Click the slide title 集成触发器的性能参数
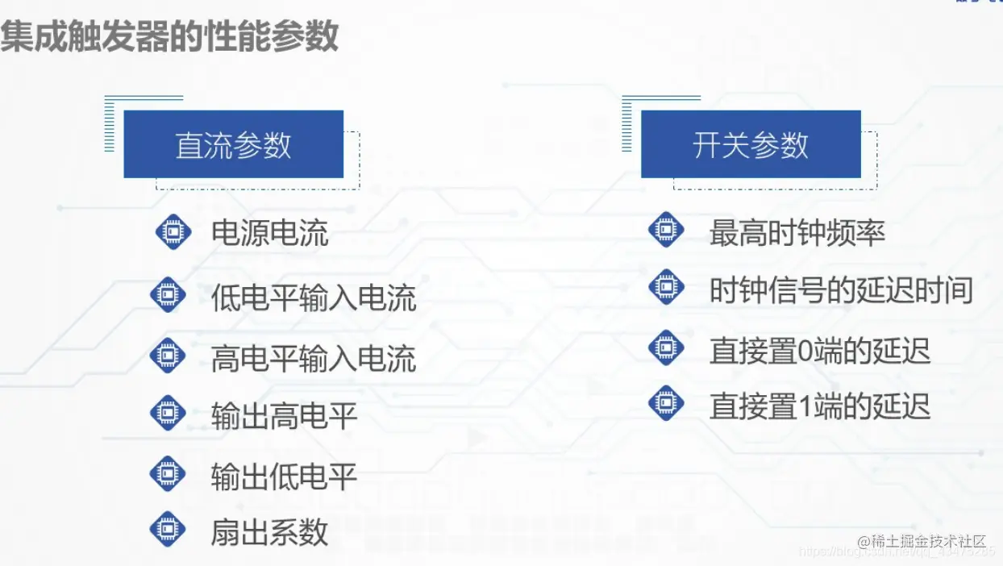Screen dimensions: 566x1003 pos(169,37)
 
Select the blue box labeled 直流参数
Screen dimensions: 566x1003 pos(234,145)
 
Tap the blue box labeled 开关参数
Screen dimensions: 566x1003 pos(751,145)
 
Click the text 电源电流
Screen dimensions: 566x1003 pos(270,234)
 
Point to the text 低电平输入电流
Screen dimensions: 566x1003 pos(314,298)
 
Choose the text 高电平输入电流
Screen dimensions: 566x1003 pos(314,358)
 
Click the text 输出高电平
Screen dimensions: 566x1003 pos(284,417)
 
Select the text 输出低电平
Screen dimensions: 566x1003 pos(284,476)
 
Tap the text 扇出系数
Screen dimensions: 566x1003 pos(270,532)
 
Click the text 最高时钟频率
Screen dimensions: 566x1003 pos(797,234)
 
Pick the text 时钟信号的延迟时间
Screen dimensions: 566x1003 pos(841,290)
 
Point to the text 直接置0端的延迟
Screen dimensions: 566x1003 pos(820,351)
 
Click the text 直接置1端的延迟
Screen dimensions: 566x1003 pos(820,406)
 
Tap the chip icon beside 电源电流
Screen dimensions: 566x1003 pos(173,232)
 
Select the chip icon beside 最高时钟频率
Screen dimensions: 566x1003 pos(666,230)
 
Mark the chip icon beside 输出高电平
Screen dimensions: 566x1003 pos(168,414)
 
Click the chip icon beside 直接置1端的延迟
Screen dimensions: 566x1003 pos(666,402)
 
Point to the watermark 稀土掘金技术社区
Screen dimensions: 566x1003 pos(922,540)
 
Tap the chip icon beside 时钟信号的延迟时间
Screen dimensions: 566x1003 pos(666,287)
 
